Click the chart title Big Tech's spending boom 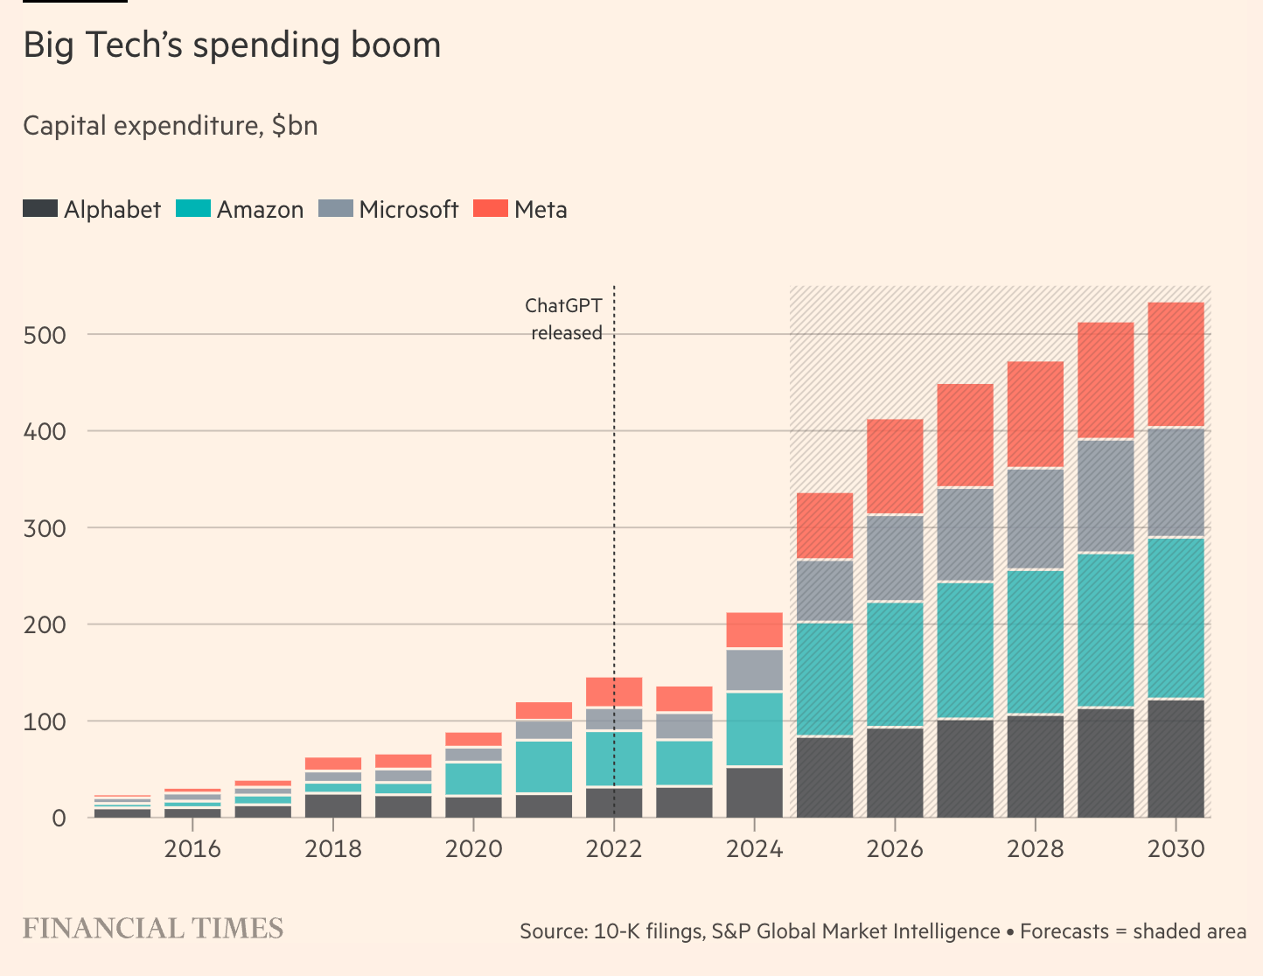click(x=232, y=45)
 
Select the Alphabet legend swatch click(x=40, y=209)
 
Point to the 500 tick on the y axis click(x=45, y=335)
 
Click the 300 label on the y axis click(x=45, y=528)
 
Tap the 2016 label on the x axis click(x=192, y=848)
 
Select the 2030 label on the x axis click(x=1176, y=848)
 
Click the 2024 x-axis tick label click(x=754, y=848)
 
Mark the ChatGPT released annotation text click(x=564, y=319)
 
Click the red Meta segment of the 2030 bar click(x=1176, y=364)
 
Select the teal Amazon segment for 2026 click(x=895, y=664)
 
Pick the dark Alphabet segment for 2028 click(x=1036, y=766)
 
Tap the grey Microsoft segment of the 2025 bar click(x=825, y=590)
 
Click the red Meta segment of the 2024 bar click(x=754, y=630)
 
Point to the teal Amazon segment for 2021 click(x=544, y=767)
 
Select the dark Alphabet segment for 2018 click(x=333, y=805)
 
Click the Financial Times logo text click(x=153, y=929)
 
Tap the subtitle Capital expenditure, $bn click(x=171, y=126)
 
